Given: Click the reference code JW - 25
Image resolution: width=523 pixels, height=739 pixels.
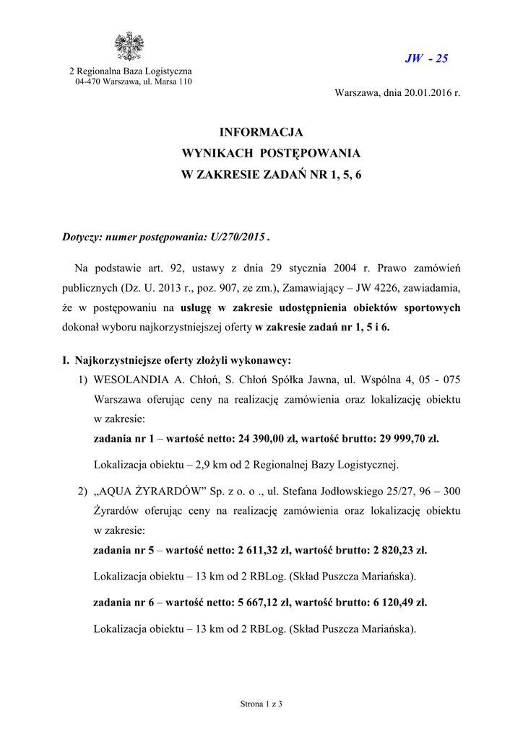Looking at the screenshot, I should (426, 58).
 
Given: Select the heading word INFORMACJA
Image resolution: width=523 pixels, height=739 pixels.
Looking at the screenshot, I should (261, 133).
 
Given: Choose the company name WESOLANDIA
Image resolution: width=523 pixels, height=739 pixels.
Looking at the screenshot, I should (126, 380).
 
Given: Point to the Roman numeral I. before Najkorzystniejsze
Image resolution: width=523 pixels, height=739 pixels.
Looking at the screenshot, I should (67, 360).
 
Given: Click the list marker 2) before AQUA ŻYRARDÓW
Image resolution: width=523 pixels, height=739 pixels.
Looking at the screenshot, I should (82, 491).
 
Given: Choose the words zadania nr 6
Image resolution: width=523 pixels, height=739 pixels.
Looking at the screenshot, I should (124, 602).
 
